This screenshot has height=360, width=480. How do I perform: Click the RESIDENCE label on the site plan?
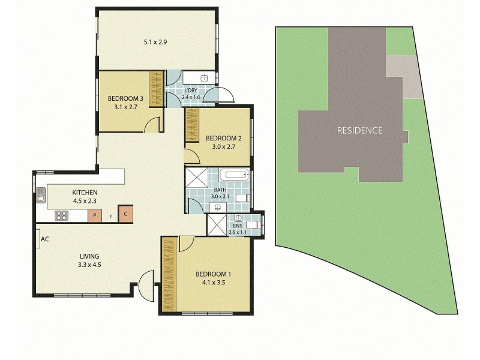359,130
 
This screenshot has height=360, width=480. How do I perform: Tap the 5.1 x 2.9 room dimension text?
155,43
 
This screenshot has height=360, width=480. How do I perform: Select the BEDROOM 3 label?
125,103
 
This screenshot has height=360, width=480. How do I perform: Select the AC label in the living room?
44,239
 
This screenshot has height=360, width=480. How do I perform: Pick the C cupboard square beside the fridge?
125,214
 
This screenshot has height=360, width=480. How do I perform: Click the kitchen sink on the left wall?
41,195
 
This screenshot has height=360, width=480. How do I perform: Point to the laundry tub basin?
204,77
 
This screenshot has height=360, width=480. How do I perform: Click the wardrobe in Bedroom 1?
169,274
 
